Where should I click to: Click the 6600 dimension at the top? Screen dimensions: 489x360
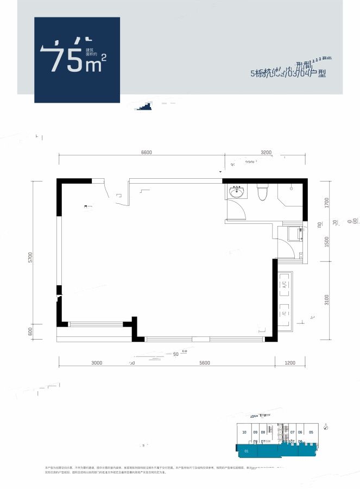(146, 153)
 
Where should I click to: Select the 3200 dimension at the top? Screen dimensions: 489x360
(265, 153)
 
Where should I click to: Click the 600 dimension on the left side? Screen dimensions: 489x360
(31, 331)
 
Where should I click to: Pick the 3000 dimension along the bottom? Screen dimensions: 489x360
(97, 362)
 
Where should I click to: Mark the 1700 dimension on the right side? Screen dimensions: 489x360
(327, 202)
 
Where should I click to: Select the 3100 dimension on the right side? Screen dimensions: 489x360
(327, 299)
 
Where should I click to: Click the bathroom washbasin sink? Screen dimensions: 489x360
(236, 192)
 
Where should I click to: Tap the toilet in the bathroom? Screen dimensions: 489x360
(263, 192)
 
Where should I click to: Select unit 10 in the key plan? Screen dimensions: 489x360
(244, 432)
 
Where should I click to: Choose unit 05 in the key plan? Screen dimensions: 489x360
(311, 432)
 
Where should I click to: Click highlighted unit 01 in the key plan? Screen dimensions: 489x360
(247, 450)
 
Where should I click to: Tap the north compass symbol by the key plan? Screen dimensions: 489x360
(326, 427)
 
